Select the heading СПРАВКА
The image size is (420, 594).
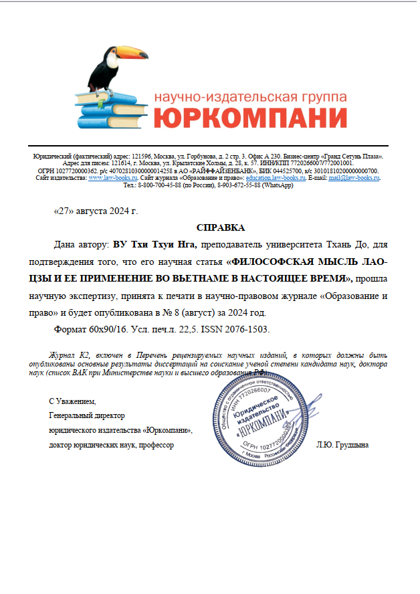216,227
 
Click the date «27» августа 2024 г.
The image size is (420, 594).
95,211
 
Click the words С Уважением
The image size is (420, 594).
72,402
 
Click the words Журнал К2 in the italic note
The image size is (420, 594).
66,355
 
